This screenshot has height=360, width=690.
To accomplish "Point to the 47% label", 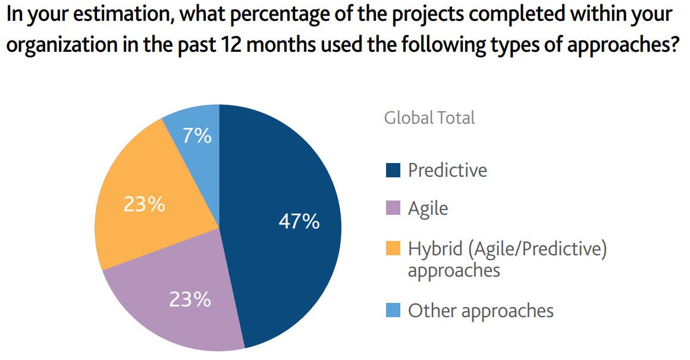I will click(299, 222).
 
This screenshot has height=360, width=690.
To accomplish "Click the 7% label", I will click(197, 136).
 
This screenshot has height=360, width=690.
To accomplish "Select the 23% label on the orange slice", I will click(144, 204).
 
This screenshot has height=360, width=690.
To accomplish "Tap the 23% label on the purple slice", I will click(190, 299).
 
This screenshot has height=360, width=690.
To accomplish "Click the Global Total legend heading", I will click(429, 118).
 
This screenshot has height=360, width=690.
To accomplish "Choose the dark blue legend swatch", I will click(393, 170).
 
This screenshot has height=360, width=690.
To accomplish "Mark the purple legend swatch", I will click(393, 208).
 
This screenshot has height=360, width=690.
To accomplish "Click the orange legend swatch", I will click(393, 249).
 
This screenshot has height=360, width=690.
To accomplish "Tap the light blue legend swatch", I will click(393, 310).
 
